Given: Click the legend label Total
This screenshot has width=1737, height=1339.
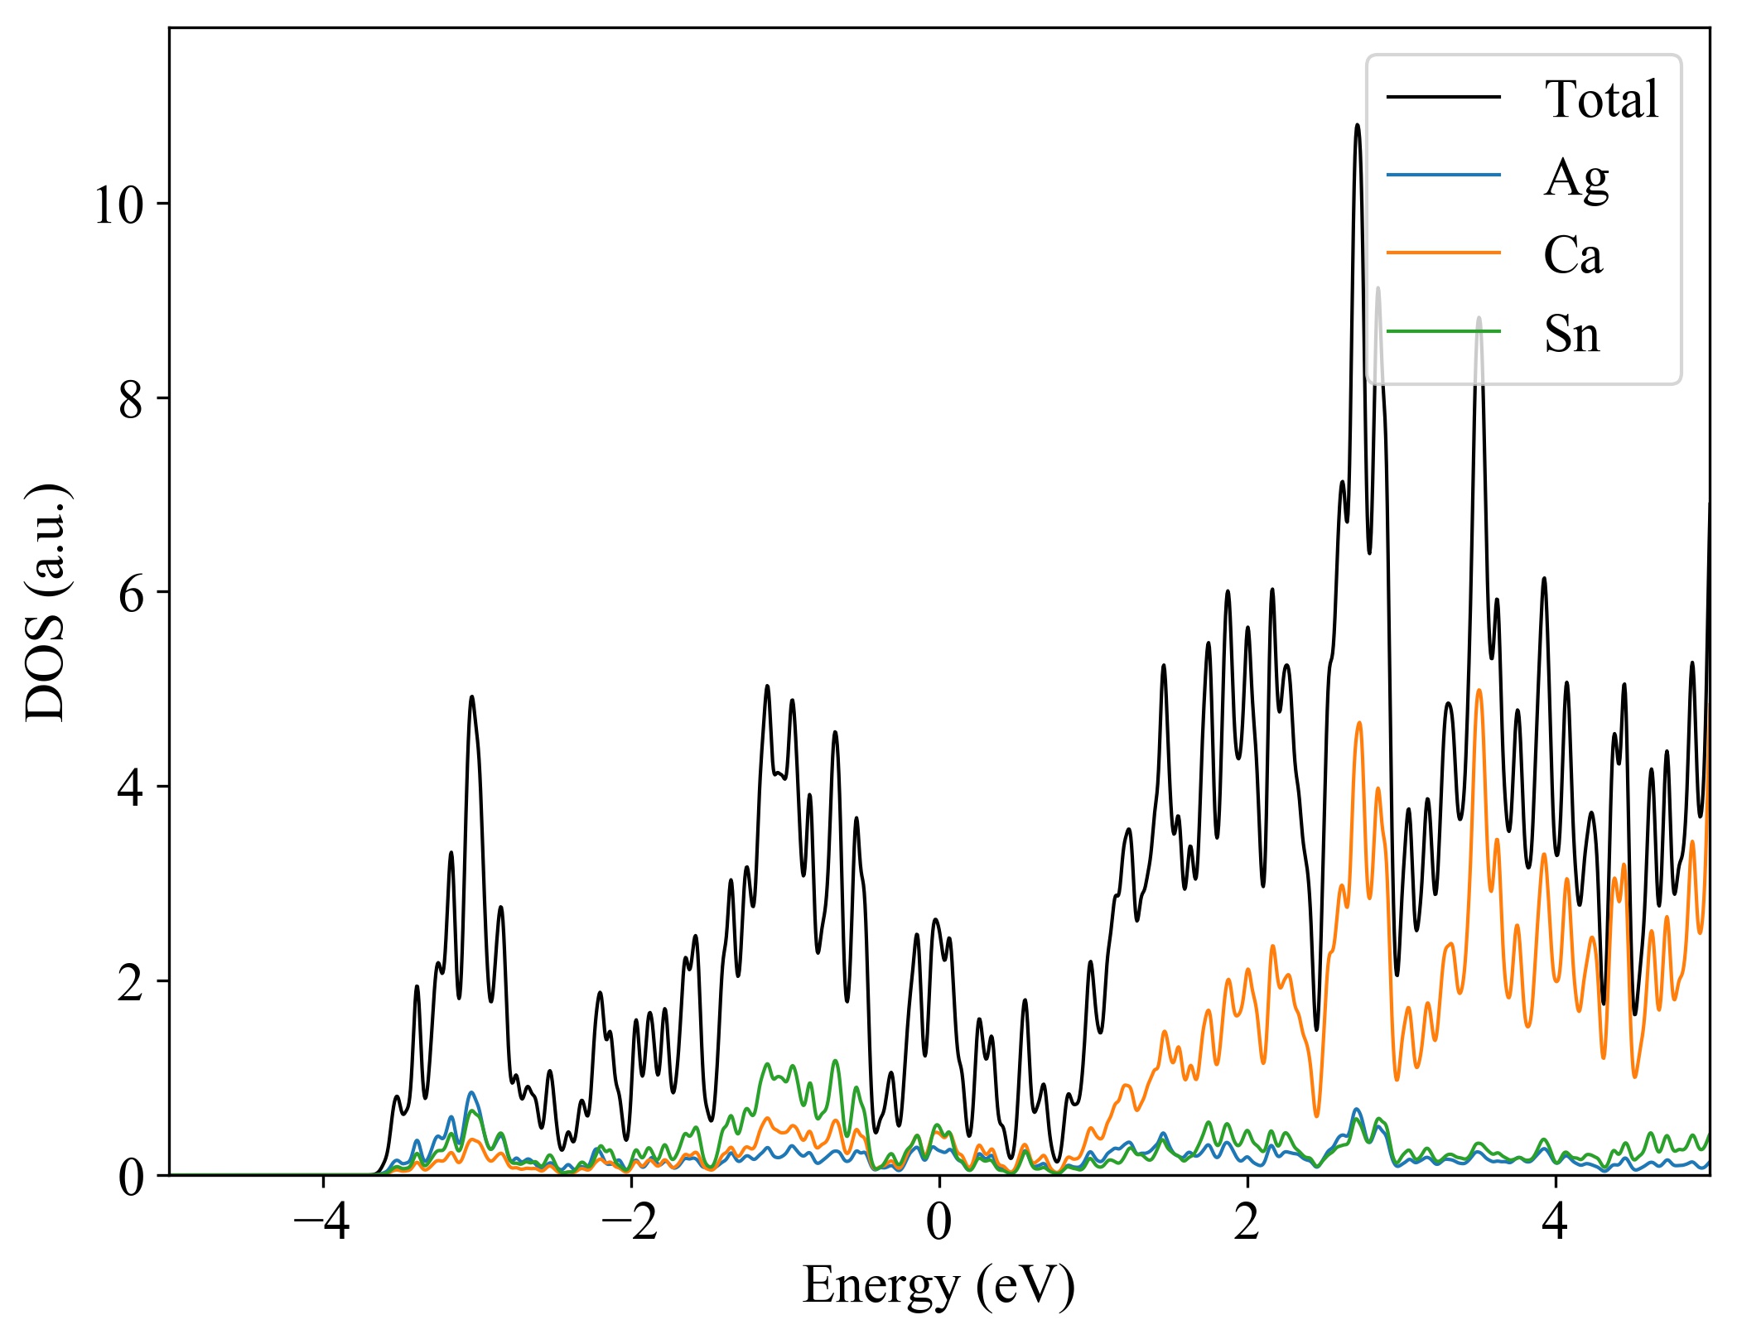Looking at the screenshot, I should [x=1601, y=99].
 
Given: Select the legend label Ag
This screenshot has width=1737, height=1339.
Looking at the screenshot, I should [x=1575, y=177].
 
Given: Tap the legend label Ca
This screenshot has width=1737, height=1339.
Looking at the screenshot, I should [x=1573, y=255].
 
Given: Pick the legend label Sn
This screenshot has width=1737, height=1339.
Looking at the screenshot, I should [x=1571, y=334].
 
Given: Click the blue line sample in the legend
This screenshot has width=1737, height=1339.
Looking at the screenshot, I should [x=1443, y=175].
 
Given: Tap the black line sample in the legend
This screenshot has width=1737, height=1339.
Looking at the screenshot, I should [x=1443, y=97].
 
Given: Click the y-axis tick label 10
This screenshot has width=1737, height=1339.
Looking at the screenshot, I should [x=119, y=205].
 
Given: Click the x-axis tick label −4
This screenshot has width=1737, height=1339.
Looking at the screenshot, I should [x=322, y=1222].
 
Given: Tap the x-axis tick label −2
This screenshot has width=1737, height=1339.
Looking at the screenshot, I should [x=630, y=1222].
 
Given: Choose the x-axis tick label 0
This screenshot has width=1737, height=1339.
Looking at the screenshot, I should [x=939, y=1222].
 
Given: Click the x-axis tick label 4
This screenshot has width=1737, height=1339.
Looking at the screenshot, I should [x=1556, y=1222].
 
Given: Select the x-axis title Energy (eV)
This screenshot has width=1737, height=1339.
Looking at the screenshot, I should [x=938, y=1287].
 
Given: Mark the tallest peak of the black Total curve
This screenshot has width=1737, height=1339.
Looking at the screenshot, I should [x=1357, y=125].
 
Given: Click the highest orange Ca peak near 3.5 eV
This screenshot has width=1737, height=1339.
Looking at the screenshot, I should [x=1479, y=690].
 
